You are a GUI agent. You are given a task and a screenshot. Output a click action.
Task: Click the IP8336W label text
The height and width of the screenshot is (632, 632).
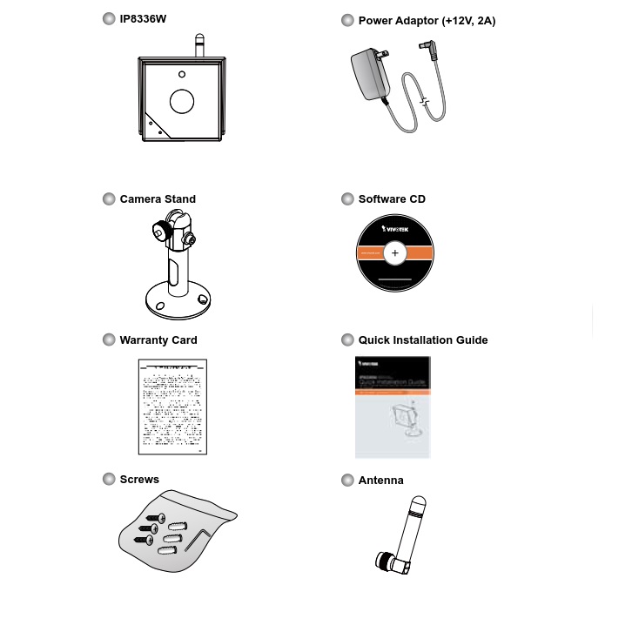point(143,19)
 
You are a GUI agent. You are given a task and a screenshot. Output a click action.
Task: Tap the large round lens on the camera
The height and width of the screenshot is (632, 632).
point(181,100)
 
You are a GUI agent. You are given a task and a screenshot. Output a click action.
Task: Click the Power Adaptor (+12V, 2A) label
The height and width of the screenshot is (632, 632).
point(427,20)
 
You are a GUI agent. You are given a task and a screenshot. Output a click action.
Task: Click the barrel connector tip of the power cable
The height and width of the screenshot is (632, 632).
point(428,47)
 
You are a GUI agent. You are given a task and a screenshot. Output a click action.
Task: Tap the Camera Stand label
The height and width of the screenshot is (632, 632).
point(158,199)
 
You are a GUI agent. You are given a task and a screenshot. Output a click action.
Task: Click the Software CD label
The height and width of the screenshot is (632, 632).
point(392,199)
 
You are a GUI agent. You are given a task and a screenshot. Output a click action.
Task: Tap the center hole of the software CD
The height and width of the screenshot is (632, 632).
point(395,253)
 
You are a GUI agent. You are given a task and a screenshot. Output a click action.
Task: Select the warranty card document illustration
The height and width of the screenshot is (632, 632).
point(172,406)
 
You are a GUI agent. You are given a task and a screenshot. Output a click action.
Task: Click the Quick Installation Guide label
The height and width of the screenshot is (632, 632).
point(423,340)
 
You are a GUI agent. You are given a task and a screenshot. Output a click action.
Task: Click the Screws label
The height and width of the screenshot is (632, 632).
point(139,480)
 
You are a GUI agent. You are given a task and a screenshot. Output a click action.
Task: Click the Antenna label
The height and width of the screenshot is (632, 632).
point(381,481)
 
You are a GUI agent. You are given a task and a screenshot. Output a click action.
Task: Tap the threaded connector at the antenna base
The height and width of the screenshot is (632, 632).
point(384,561)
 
